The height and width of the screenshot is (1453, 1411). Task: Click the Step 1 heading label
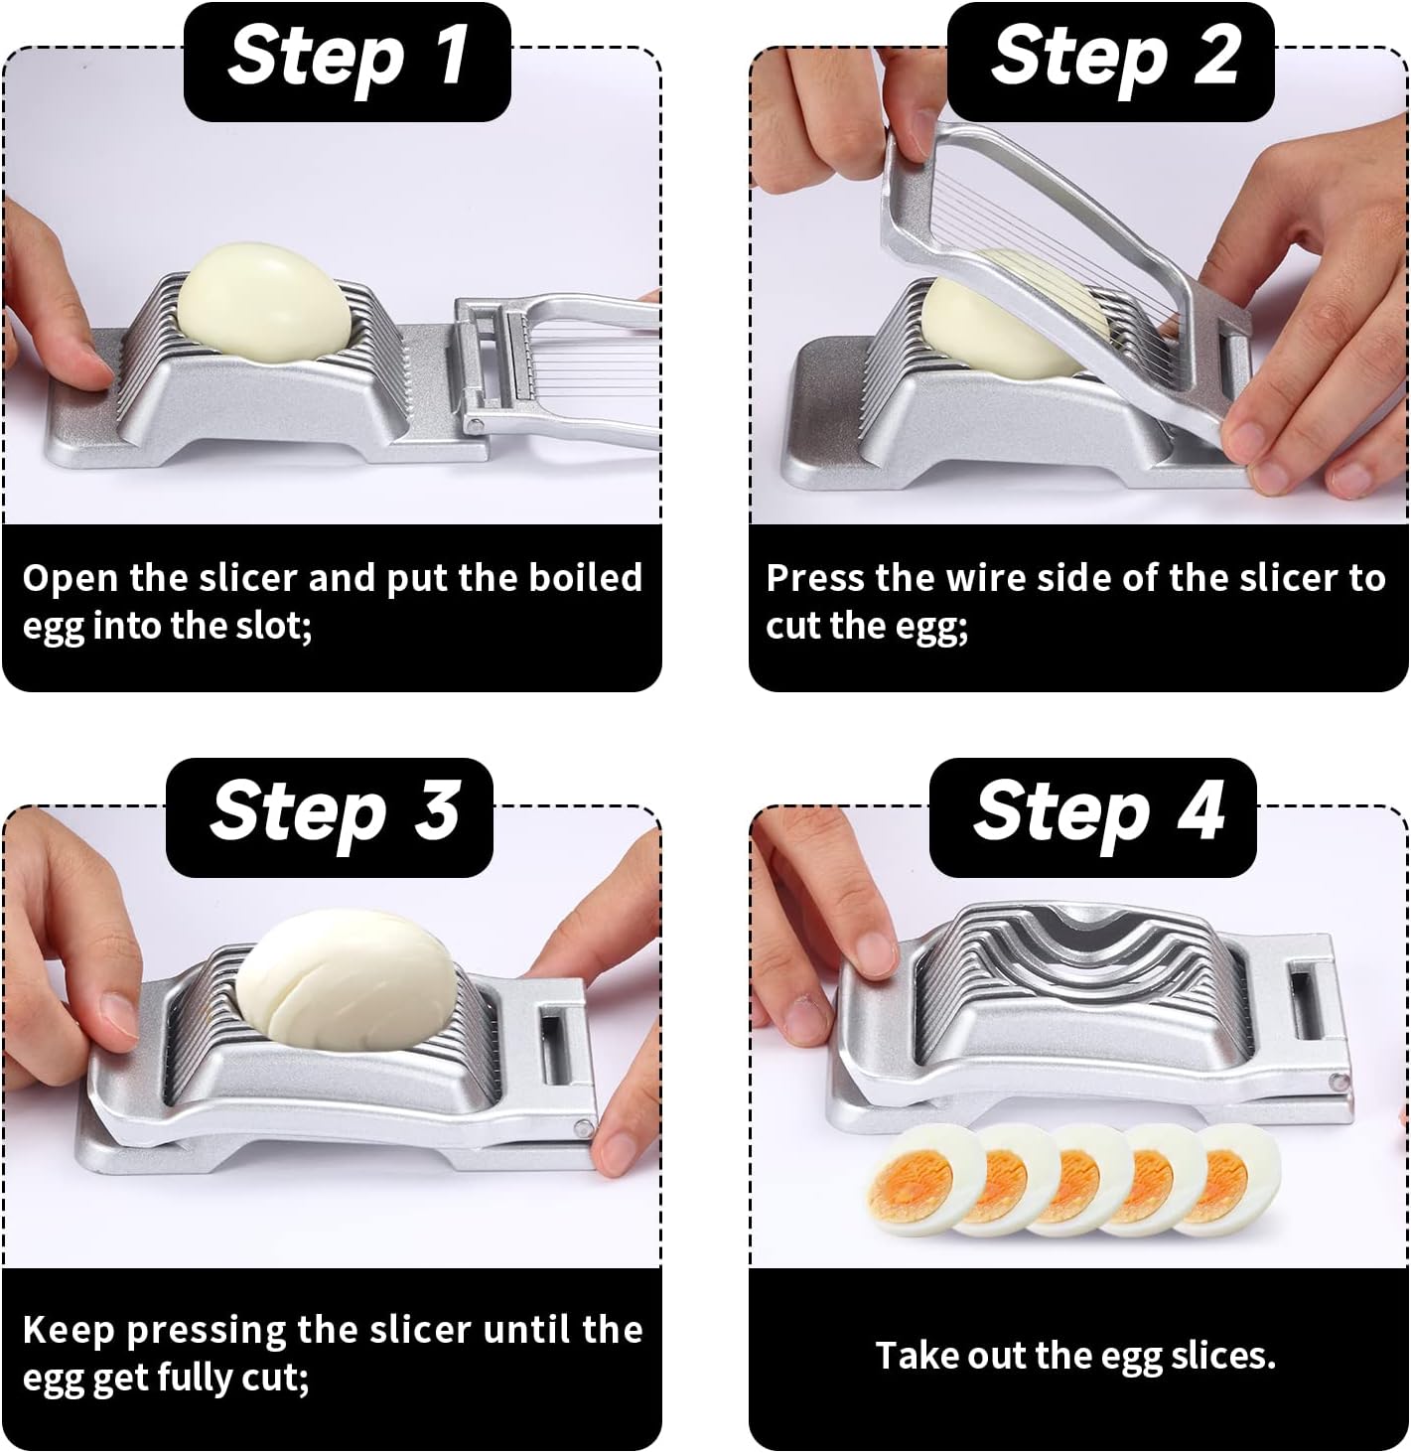click(347, 57)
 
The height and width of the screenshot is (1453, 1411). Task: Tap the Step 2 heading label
click(1110, 57)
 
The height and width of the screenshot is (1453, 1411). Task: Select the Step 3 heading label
click(330, 811)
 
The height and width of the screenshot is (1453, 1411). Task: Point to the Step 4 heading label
click(1093, 811)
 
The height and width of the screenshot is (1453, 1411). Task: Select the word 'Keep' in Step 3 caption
click(69, 1330)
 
